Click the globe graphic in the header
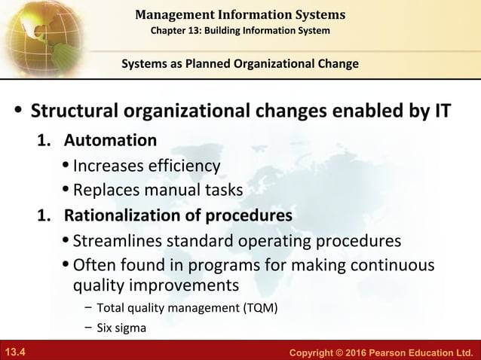tap(34, 34)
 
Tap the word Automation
tap(110, 140)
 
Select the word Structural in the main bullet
tap(78, 112)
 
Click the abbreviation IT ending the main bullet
tap(441, 112)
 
